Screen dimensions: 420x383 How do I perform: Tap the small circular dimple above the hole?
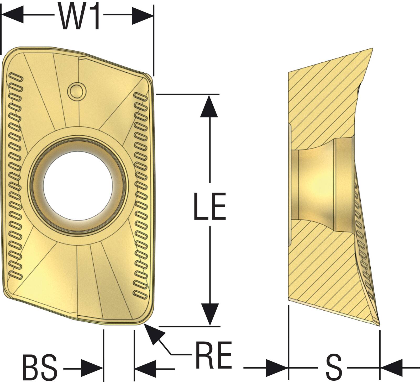pos(77,91)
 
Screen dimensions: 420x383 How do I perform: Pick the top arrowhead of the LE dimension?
pos(209,106)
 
